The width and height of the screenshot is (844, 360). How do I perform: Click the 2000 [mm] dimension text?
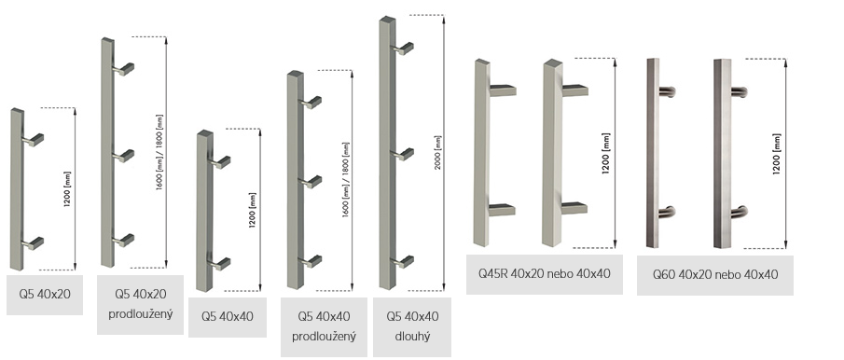(437, 152)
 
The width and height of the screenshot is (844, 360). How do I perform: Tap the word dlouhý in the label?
(412, 337)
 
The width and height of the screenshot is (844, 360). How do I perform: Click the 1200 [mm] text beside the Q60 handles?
(776, 154)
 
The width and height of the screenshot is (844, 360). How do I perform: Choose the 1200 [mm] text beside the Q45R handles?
(606, 154)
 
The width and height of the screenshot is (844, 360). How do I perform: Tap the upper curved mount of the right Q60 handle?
(739, 92)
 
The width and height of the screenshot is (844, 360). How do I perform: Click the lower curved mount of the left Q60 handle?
(667, 212)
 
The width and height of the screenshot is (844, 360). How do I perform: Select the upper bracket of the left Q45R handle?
(503, 90)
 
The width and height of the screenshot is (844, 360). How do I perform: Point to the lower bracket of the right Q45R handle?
(574, 208)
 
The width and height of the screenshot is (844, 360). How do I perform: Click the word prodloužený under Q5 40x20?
(141, 313)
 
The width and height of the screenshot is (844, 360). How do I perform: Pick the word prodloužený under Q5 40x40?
(324, 337)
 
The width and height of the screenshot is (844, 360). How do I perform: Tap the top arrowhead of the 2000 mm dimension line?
(444, 19)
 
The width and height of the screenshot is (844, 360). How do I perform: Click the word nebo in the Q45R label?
(560, 273)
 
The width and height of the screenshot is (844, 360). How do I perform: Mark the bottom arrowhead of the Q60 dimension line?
(786, 245)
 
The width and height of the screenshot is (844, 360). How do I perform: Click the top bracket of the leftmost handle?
(34, 140)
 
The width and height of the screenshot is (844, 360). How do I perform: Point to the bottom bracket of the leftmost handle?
(34, 243)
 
